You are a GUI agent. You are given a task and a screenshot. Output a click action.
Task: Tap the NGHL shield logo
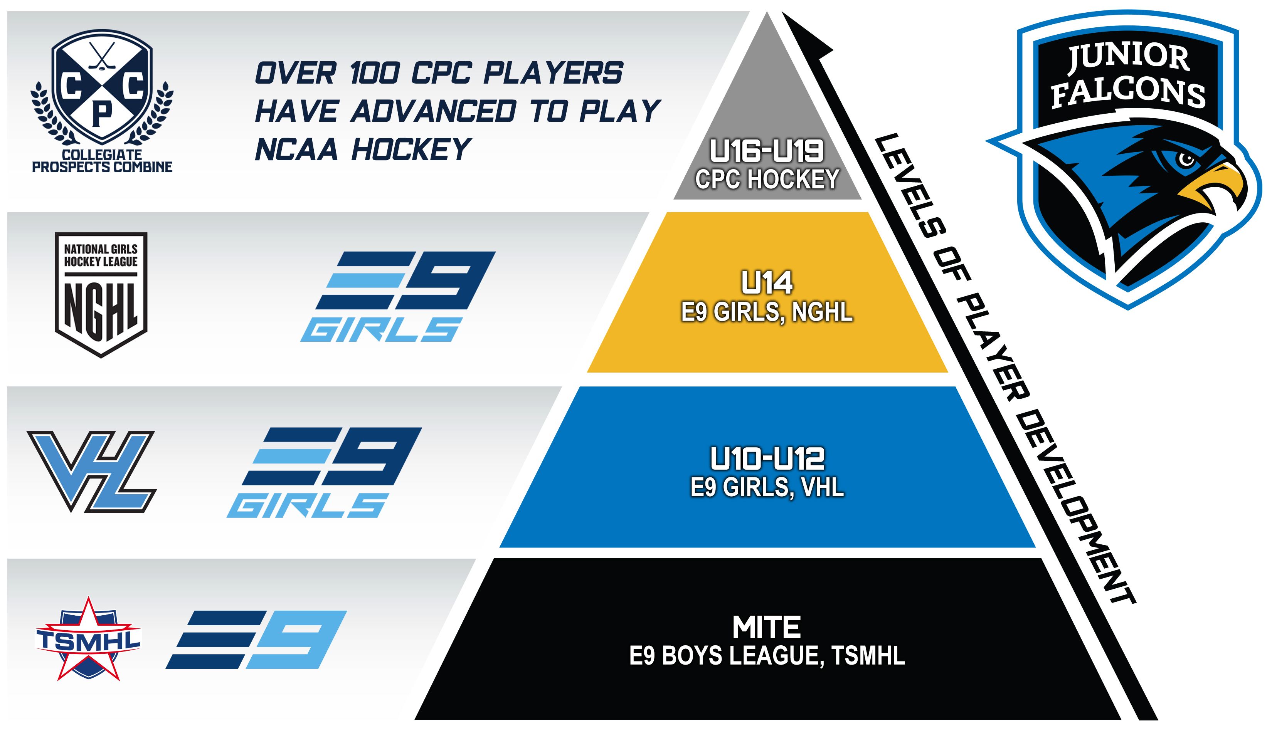(x=101, y=295)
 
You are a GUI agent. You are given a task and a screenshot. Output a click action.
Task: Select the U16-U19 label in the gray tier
(x=767, y=150)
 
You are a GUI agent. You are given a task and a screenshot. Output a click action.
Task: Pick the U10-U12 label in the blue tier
(x=767, y=458)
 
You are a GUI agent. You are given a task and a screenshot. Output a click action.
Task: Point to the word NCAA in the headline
(x=296, y=149)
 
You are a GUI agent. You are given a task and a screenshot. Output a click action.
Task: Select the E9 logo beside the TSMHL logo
(x=256, y=640)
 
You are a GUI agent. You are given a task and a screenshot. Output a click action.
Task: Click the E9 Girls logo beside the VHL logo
(x=325, y=473)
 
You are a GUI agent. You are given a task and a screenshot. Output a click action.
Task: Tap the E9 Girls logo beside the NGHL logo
(x=398, y=297)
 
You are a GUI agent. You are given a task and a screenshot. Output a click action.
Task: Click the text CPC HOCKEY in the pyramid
(x=767, y=180)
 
